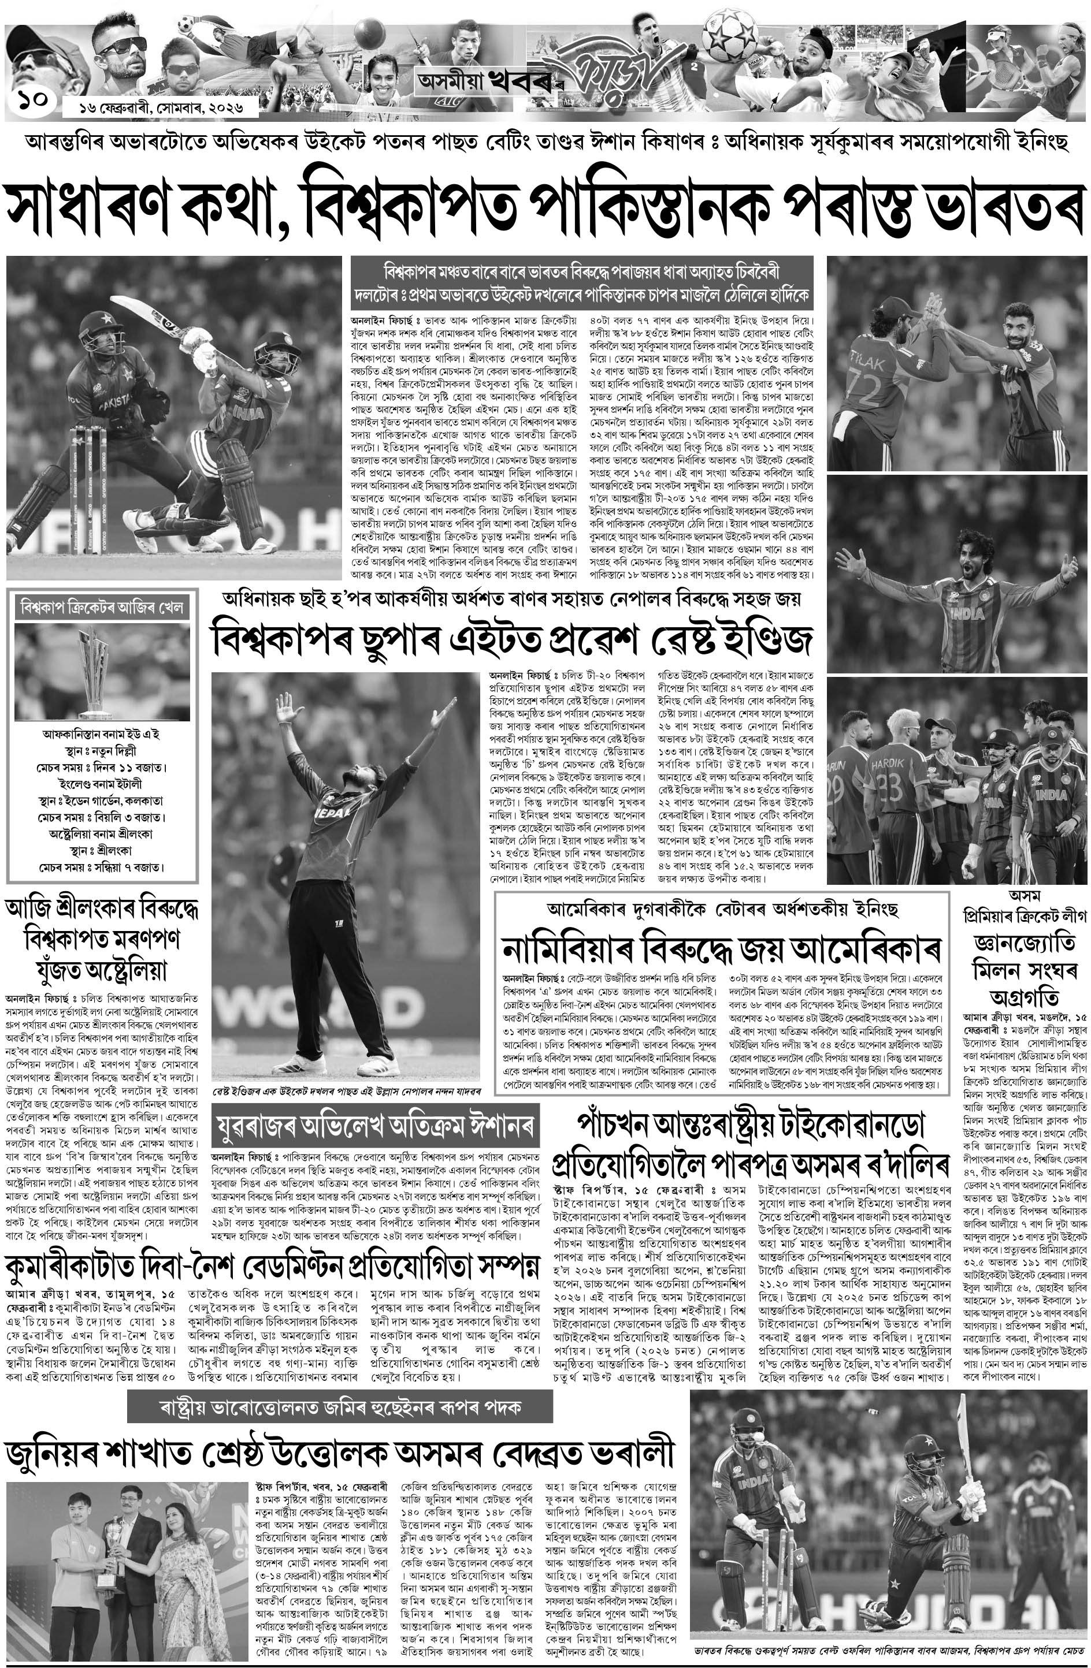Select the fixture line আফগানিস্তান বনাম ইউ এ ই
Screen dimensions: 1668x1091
point(101,735)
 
